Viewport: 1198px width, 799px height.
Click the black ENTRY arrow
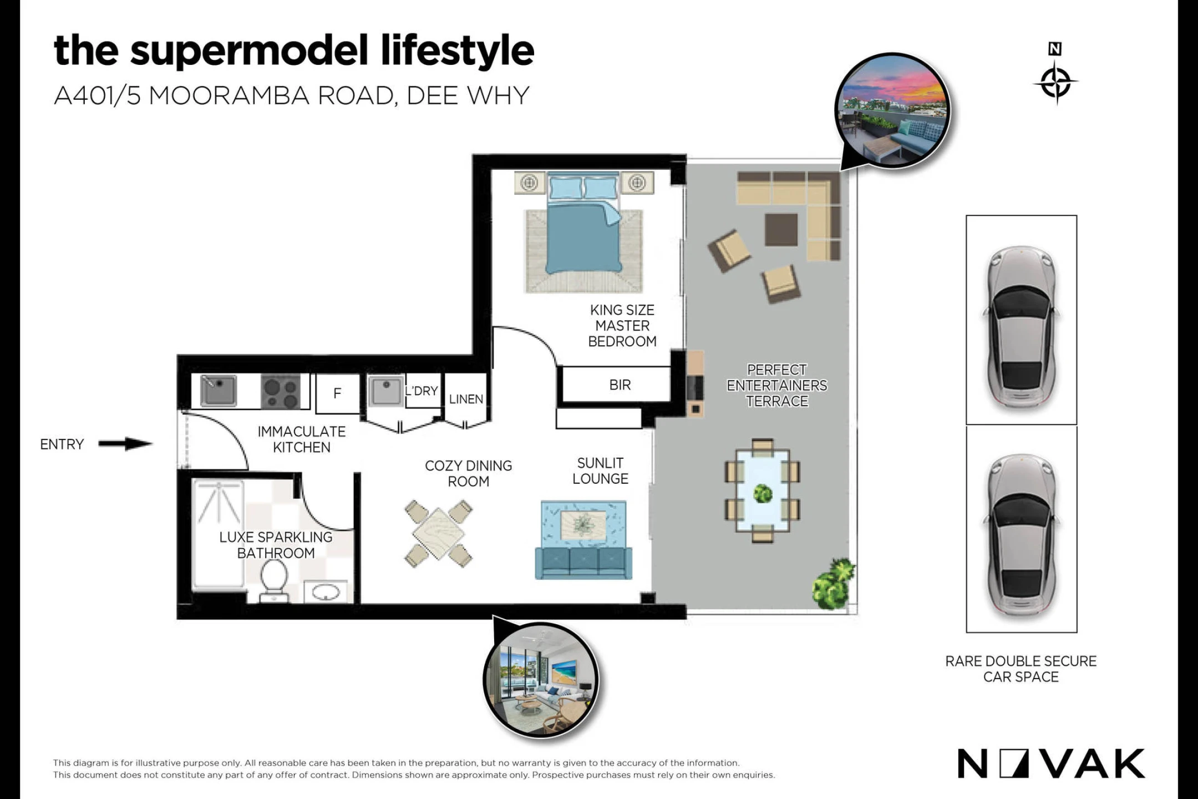(125, 444)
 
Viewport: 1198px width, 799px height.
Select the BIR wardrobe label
(620, 385)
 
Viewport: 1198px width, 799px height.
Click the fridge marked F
(337, 393)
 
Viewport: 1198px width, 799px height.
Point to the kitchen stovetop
(281, 392)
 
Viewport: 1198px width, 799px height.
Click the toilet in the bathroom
(274, 580)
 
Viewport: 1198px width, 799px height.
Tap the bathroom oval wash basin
(326, 593)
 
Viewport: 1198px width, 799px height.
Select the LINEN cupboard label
(466, 399)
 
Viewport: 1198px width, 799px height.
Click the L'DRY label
(422, 391)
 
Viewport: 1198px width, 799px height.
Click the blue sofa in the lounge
(583, 563)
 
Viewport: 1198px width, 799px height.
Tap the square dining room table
(438, 534)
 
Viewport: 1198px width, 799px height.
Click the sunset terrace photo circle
(892, 110)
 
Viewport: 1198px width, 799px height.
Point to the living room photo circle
(541, 680)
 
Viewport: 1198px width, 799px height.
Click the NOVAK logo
(1051, 763)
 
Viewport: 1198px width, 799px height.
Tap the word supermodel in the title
(249, 52)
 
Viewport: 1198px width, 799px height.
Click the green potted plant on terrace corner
(834, 584)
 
